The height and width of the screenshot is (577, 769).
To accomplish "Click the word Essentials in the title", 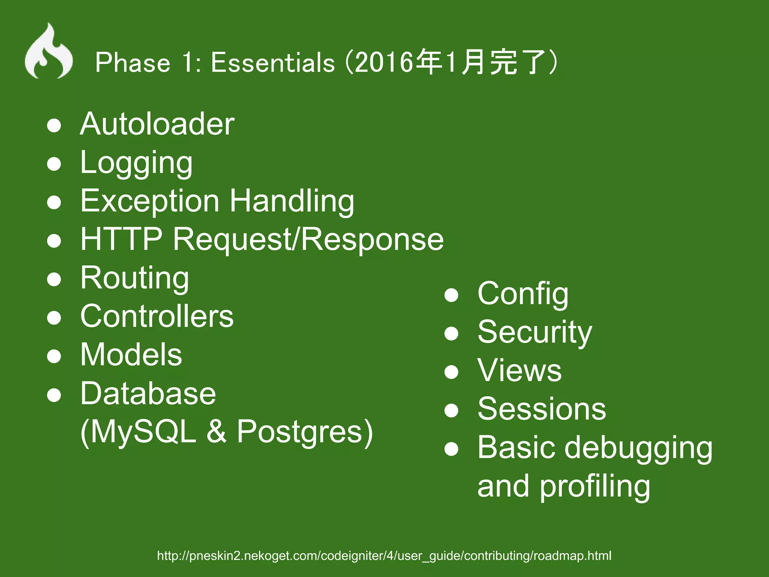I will click(x=272, y=62).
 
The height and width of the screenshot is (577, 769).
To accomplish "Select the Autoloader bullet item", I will click(x=157, y=124).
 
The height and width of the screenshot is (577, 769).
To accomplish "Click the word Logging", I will click(x=136, y=163).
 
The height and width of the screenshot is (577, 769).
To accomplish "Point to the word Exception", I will click(x=149, y=201).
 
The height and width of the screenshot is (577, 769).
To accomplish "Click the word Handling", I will click(x=292, y=201).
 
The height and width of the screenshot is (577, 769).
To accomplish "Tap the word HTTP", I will click(x=121, y=239).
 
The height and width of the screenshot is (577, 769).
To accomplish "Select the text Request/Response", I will click(x=308, y=239).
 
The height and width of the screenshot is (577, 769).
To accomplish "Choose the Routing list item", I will click(x=134, y=278).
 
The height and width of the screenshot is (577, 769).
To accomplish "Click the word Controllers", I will click(x=157, y=316).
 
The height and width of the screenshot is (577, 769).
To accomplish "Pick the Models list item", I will click(x=131, y=355).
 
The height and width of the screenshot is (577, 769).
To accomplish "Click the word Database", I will click(x=148, y=393).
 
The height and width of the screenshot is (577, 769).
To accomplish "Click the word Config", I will click(x=523, y=294).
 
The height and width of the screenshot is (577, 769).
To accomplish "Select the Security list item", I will click(x=534, y=332).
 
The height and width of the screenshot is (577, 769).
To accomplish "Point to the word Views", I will click(x=519, y=370).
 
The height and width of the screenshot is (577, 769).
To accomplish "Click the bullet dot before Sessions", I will click(x=451, y=410).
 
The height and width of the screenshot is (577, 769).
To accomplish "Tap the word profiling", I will click(x=595, y=486).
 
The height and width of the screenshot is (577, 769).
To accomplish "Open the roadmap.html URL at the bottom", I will click(x=384, y=556).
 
